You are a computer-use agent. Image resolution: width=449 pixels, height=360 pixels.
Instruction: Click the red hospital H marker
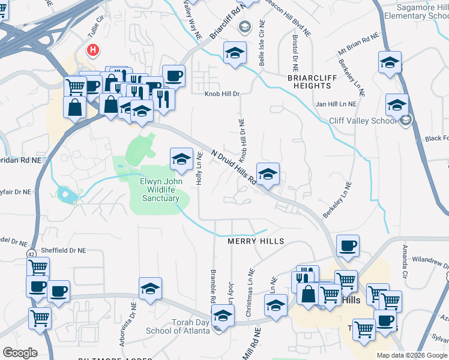tap(93, 50)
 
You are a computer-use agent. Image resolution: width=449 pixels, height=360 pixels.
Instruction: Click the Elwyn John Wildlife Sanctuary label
tap(160, 189)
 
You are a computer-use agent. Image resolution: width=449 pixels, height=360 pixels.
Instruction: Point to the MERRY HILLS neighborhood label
tap(255, 241)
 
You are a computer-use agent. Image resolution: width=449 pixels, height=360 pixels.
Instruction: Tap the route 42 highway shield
tap(29, 254)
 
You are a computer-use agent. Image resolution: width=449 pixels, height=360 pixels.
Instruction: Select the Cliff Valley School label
tap(363, 121)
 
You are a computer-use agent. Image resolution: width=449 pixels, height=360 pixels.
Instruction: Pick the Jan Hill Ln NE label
tap(336, 104)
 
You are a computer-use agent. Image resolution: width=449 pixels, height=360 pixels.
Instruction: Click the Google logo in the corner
tap(20, 352)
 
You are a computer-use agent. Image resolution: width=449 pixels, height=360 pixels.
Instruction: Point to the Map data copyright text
tap(412, 355)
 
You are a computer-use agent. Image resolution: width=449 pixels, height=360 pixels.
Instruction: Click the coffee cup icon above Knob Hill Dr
tap(173, 76)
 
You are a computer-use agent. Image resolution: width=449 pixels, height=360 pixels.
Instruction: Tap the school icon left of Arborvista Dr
tap(150, 288)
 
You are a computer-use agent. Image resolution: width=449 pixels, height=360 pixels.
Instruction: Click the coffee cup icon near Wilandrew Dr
tap(348, 245)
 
